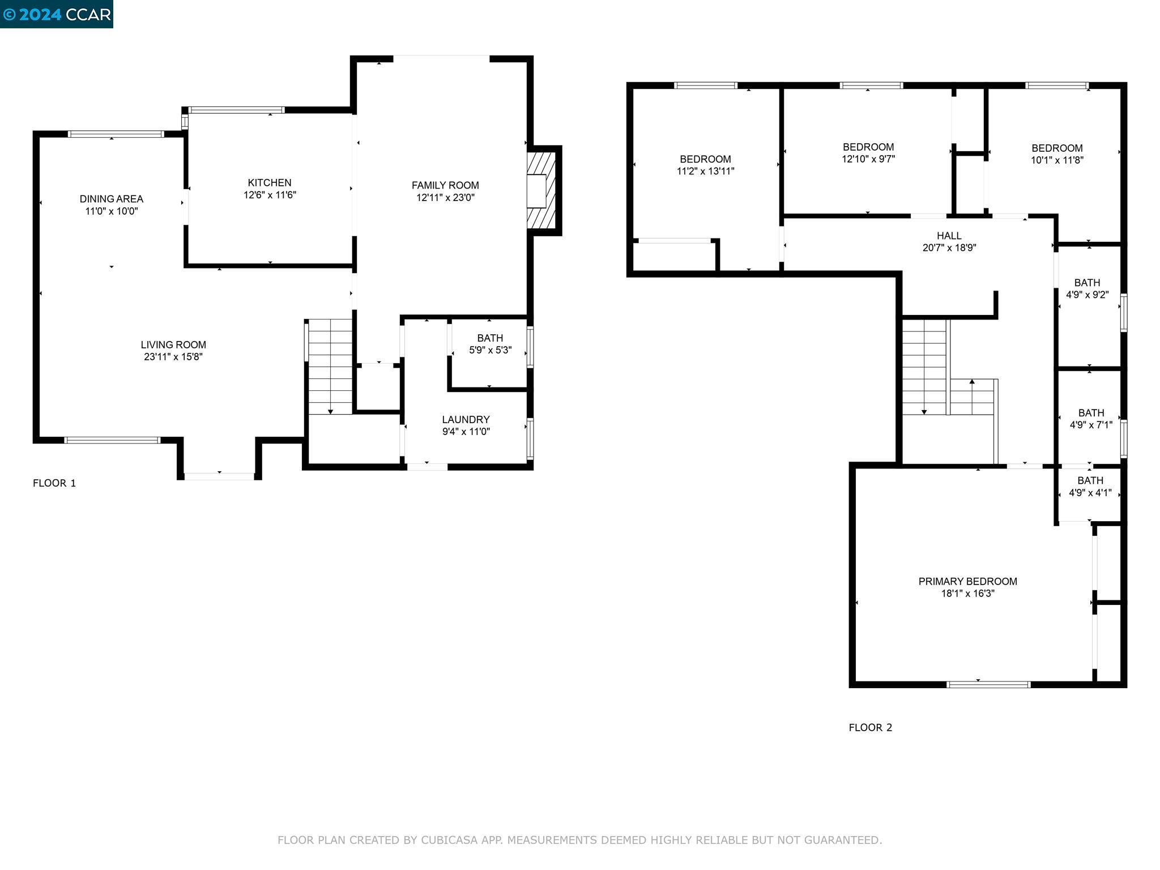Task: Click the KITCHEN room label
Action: pos(269,182)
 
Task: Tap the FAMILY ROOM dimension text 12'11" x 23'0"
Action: pos(445,198)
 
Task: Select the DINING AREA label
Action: pos(111,199)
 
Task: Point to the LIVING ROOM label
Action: pos(173,344)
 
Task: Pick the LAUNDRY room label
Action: pos(466,419)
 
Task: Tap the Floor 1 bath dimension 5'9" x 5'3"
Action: pos(490,350)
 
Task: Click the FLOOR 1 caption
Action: pos(54,483)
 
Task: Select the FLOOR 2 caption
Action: pos(870,728)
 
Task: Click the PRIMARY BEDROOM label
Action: pos(967,581)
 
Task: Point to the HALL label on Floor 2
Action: pos(949,236)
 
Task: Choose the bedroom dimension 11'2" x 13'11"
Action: pos(705,171)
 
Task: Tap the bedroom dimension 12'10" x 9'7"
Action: pos(868,159)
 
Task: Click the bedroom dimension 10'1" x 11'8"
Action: pos(1057,160)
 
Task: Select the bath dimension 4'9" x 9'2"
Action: pos(1087,295)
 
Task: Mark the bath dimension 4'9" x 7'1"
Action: pos(1091,425)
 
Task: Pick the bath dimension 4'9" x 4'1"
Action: pos(1090,493)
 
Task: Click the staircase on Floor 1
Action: pos(330,365)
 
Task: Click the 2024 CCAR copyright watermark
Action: pos(57,14)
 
